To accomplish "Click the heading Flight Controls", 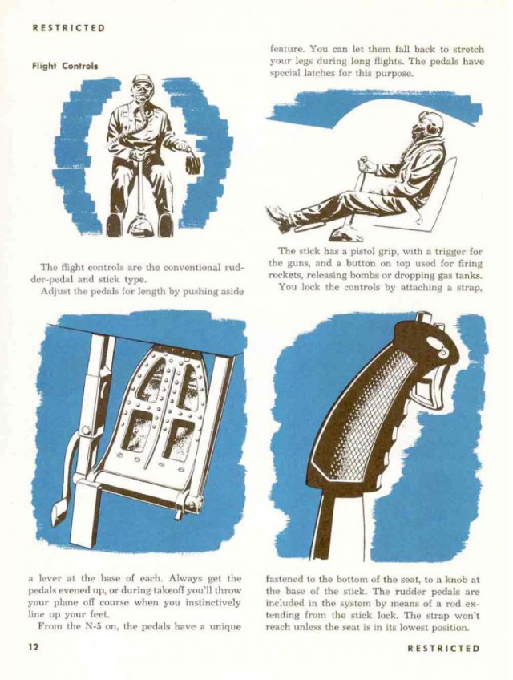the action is click(65, 66).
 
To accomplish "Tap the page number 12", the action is click(34, 647).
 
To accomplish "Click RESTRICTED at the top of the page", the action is click(69, 28).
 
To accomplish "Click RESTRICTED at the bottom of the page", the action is click(443, 649).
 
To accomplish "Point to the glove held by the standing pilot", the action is click(193, 164).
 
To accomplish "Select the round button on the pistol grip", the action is click(443, 354).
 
